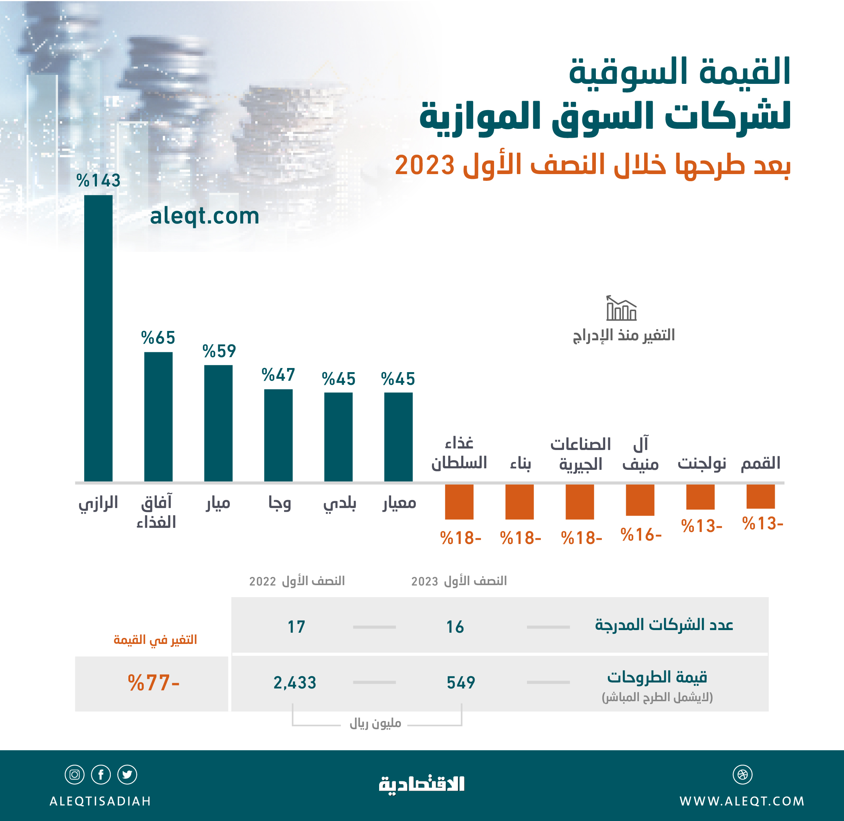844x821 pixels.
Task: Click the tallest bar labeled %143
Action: tap(98, 338)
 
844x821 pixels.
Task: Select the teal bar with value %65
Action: tap(158, 417)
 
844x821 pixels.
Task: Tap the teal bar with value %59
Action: tap(218, 423)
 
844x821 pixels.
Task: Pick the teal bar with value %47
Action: tap(278, 435)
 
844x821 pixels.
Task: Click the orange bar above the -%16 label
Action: tap(640, 500)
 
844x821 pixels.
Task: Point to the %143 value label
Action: tap(98, 180)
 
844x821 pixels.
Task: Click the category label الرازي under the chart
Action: tap(98, 503)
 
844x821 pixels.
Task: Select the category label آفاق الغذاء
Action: tap(156, 512)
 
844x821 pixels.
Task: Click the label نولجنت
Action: tap(701, 463)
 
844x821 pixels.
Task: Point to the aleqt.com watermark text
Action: tap(204, 216)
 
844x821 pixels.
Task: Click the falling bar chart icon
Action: tap(621, 308)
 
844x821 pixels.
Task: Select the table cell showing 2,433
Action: tap(295, 682)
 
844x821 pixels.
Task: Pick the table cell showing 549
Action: tap(460, 682)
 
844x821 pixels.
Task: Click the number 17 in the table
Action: tap(296, 627)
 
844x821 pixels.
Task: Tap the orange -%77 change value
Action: tap(153, 683)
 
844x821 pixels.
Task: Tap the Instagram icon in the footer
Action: tap(74, 775)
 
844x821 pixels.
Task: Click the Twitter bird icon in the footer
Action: tap(127, 775)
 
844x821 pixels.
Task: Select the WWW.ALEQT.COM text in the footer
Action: tap(742, 801)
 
